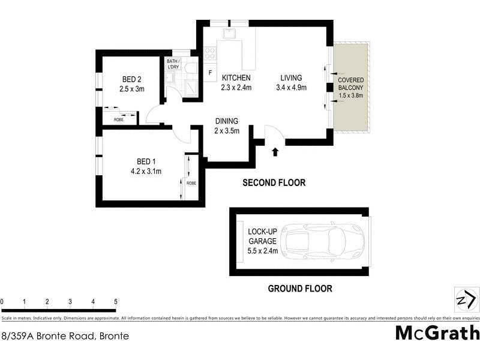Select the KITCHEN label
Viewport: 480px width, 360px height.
[x=236, y=79]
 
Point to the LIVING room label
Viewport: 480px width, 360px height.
[x=291, y=78]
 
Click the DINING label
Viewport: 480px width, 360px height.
[x=227, y=121]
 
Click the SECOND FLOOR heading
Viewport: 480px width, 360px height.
[x=274, y=183]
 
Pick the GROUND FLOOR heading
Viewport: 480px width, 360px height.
[x=300, y=289]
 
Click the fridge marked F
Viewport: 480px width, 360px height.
[x=209, y=73]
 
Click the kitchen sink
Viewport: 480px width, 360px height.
[x=230, y=34]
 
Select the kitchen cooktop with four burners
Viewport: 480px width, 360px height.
[x=211, y=53]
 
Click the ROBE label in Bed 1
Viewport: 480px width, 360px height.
[x=191, y=183]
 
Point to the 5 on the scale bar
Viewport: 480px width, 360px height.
[x=115, y=302]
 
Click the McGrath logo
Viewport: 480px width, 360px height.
[x=437, y=333]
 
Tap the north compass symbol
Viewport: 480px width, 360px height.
[x=466, y=298]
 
